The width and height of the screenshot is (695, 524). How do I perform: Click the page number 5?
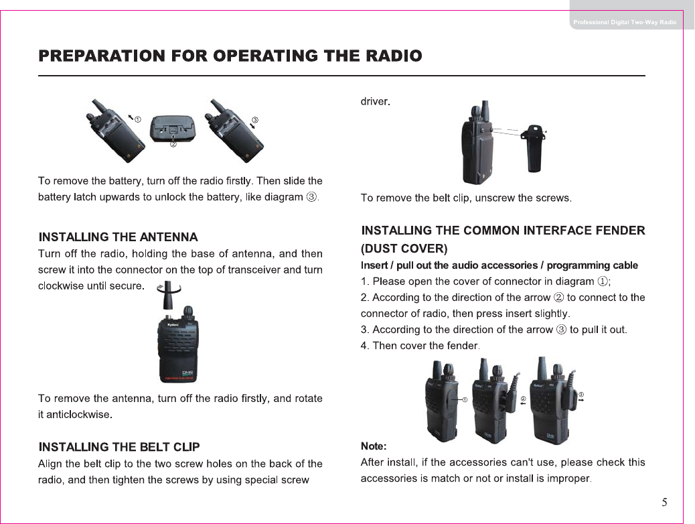click(664, 503)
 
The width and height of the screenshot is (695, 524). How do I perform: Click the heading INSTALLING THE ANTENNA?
click(119, 237)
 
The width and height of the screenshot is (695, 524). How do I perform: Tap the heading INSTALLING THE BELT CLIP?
click(119, 447)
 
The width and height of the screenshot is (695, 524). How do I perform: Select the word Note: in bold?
click(374, 446)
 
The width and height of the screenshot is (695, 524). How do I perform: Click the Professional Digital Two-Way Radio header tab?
click(625, 22)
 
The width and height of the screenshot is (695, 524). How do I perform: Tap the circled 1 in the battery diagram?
click(137, 119)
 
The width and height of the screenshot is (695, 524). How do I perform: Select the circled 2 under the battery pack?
click(173, 145)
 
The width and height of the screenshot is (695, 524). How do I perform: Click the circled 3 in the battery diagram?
click(254, 120)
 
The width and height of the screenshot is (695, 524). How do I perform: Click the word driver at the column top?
click(375, 102)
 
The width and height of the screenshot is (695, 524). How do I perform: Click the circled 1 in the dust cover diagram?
click(464, 400)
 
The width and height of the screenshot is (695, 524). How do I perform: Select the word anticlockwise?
click(74, 415)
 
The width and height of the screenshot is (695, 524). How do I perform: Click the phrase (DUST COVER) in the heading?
click(404, 249)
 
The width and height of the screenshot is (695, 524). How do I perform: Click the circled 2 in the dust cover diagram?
click(523, 399)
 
